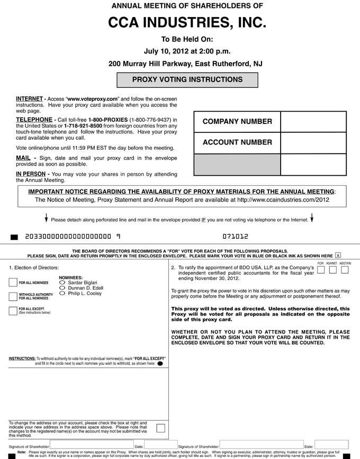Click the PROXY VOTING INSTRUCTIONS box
point(187,80)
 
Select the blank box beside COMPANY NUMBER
point(313,122)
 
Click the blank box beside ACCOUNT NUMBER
point(313,142)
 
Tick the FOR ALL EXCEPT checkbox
point(13,310)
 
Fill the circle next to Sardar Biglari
point(63,283)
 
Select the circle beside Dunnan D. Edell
point(63,288)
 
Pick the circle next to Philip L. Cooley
point(63,293)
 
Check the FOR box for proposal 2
point(321,270)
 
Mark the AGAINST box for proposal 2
point(332,270)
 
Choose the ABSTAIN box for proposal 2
point(345,270)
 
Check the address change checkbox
point(160,428)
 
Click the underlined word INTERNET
point(30,99)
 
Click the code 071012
point(235,237)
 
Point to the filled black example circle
point(160,364)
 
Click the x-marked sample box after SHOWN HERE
point(338,255)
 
